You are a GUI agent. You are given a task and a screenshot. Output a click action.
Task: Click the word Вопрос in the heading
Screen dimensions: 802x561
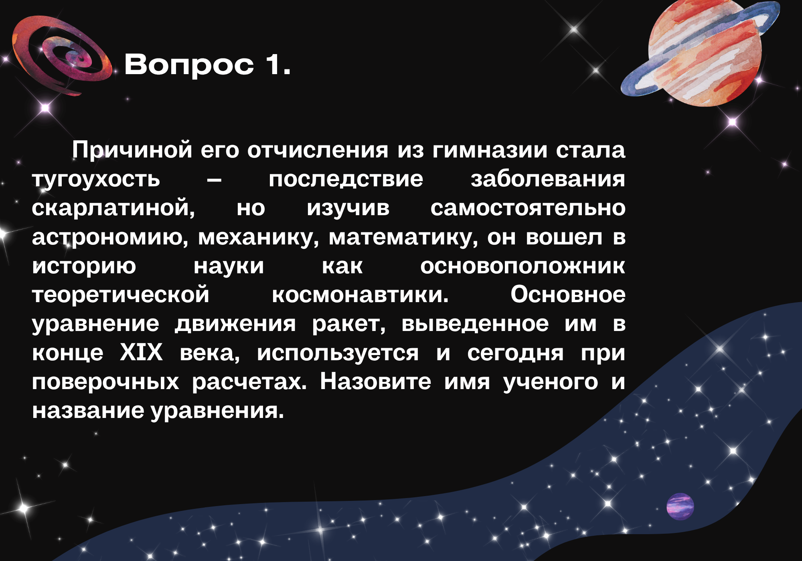tap(189, 65)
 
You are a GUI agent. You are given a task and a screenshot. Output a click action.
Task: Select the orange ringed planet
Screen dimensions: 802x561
tap(700, 52)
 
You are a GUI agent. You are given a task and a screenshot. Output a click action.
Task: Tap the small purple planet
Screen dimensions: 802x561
tap(680, 507)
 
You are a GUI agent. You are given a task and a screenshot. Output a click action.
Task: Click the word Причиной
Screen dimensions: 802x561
tap(132, 151)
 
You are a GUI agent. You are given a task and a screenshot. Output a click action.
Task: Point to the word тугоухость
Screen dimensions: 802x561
tap(96, 180)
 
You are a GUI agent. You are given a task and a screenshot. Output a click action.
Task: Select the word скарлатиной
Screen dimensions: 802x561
tap(113, 209)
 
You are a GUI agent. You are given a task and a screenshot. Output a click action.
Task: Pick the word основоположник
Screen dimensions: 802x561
tap(523, 266)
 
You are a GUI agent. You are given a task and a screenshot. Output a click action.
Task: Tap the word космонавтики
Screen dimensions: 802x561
tap(360, 295)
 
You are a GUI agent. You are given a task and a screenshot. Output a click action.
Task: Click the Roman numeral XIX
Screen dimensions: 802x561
tap(141, 353)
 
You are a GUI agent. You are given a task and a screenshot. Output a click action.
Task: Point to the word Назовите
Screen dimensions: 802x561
tap(375, 381)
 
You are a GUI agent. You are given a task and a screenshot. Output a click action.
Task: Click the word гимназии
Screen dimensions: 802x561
tap(490, 151)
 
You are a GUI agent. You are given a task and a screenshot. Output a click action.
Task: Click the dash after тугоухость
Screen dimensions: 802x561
tap(214, 180)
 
